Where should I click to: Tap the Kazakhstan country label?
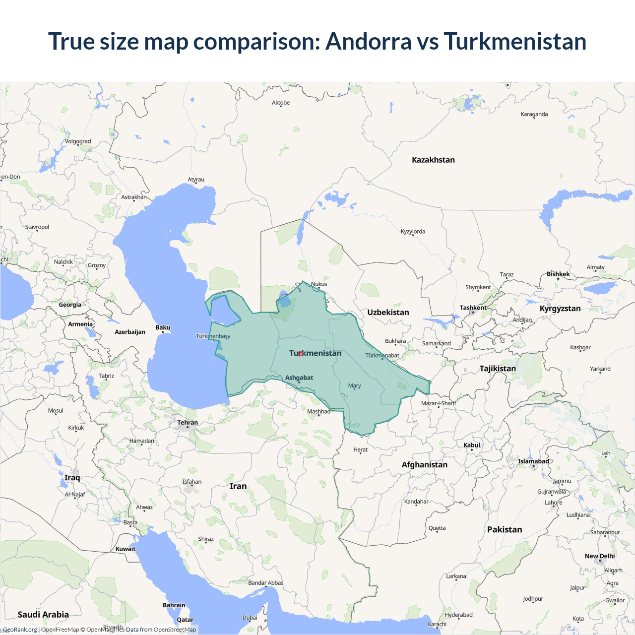click(433, 160)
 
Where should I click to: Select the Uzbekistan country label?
click(388, 312)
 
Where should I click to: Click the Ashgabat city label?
click(299, 378)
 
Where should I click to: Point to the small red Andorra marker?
click(300, 353)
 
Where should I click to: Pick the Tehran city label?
click(188, 423)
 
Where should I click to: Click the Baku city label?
click(163, 327)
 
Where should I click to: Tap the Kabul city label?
click(472, 445)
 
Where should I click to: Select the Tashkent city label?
click(473, 308)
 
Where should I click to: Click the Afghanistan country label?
click(424, 464)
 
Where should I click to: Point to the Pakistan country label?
click(505, 529)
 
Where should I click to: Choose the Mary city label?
click(354, 385)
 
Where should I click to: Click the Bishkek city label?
click(558, 274)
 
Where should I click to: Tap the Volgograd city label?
click(78, 141)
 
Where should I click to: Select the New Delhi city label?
click(599, 556)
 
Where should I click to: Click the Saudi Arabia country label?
click(43, 614)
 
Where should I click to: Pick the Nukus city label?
click(319, 284)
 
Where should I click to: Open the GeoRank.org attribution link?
click(20, 630)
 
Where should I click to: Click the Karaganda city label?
click(534, 114)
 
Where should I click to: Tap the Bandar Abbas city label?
click(266, 583)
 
